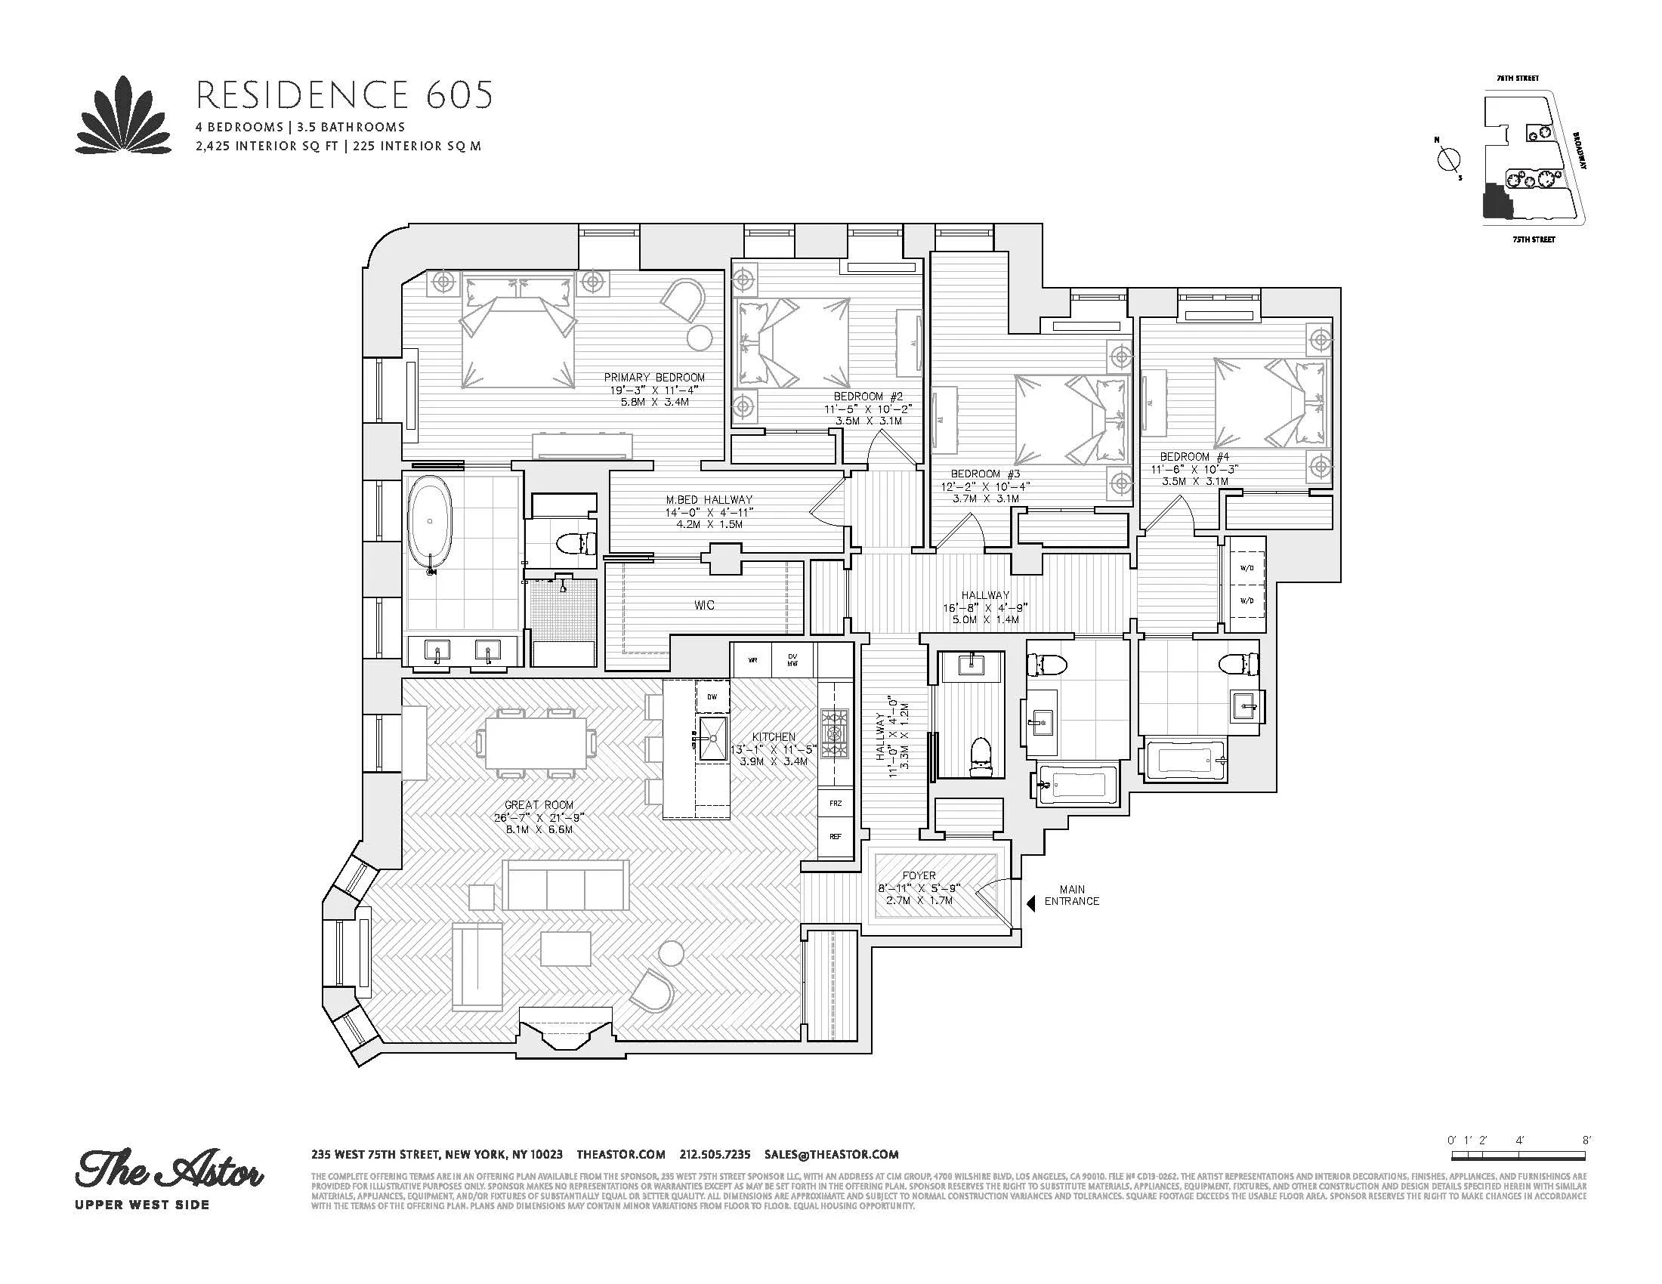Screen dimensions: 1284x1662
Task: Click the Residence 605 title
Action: coord(344,95)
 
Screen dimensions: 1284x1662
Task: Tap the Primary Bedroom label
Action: coord(653,378)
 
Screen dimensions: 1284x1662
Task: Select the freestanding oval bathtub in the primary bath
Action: coord(431,523)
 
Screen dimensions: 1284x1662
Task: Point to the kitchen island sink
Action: coord(713,738)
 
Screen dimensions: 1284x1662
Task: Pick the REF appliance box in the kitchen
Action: coord(836,837)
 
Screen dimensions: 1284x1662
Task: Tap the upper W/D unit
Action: coord(1246,568)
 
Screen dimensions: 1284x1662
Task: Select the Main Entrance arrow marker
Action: coord(1031,903)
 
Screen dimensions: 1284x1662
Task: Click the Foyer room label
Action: coord(919,876)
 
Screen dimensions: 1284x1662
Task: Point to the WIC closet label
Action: coord(704,606)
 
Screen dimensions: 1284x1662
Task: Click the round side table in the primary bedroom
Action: coord(700,338)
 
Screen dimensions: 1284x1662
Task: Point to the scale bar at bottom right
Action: coord(1519,1177)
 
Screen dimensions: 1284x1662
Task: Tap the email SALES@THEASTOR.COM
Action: coord(832,1154)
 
